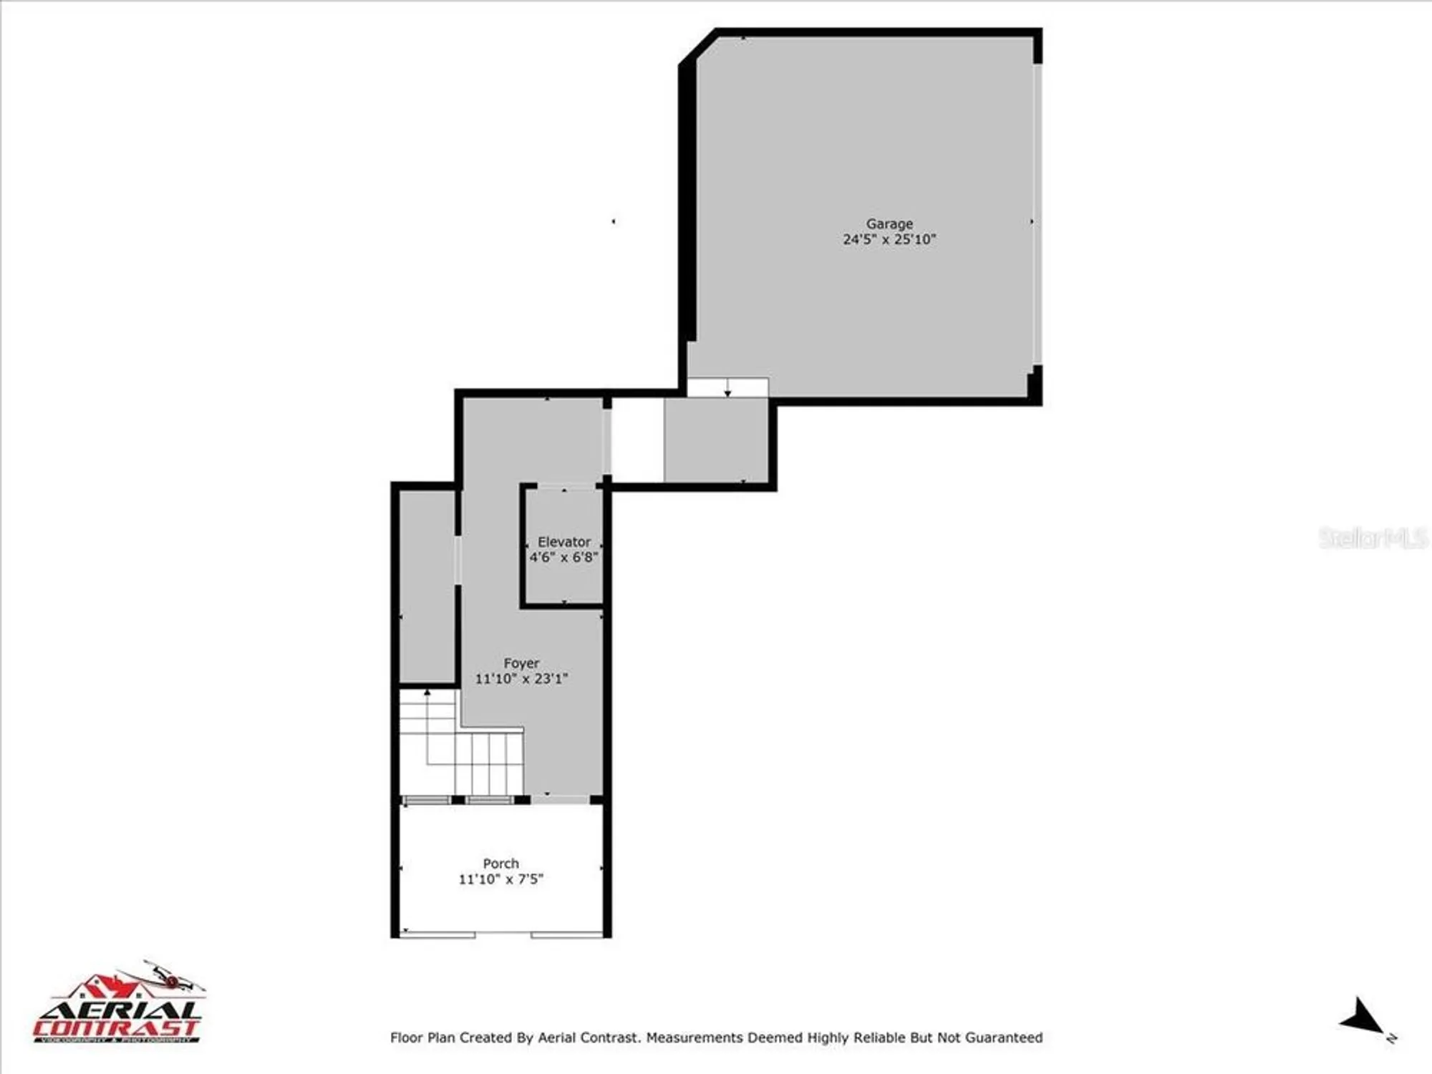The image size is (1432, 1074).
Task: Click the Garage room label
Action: click(x=889, y=224)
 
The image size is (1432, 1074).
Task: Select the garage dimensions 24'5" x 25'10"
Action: click(x=889, y=240)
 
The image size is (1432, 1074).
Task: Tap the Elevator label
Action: click(x=564, y=542)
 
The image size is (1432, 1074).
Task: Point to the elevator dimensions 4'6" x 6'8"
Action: click(x=563, y=557)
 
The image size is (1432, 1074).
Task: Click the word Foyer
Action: click(x=521, y=663)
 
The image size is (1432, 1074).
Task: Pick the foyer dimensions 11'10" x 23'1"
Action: click(x=521, y=679)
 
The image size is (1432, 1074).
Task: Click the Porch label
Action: click(x=500, y=863)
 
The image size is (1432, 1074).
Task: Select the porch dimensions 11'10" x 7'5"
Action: click(x=500, y=879)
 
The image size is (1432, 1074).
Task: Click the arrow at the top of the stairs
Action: click(x=427, y=693)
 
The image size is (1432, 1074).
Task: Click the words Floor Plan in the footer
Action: click(x=422, y=1037)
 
